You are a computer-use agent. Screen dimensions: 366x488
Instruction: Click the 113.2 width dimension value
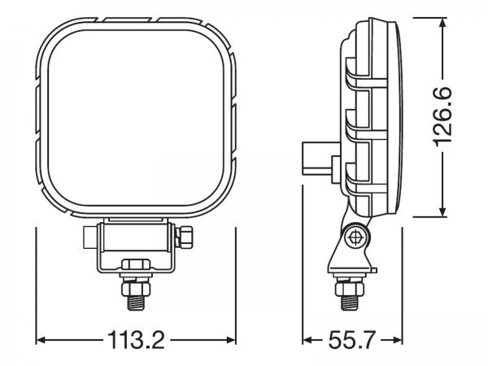point(136,339)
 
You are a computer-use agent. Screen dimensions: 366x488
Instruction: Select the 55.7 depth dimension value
point(352,339)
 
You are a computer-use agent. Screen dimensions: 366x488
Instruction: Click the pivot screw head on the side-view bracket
point(355,237)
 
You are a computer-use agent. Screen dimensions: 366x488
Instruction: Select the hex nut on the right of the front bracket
point(184,237)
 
